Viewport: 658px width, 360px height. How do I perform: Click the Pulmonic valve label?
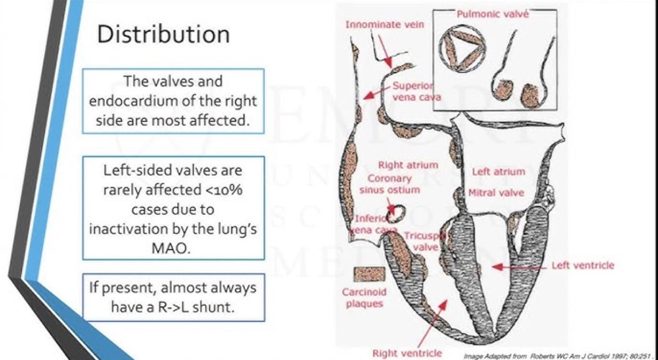coord(493,14)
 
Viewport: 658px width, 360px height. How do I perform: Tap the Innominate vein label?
coord(384,24)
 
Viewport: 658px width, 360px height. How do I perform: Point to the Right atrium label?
coord(408,165)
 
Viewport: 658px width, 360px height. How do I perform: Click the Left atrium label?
coord(498,172)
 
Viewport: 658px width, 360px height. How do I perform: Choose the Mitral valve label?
coord(496,192)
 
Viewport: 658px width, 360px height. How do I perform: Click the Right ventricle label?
coord(407,353)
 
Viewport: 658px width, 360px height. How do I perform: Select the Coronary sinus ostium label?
coord(389,184)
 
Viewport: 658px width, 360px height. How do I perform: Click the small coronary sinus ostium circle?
coord(396,210)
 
